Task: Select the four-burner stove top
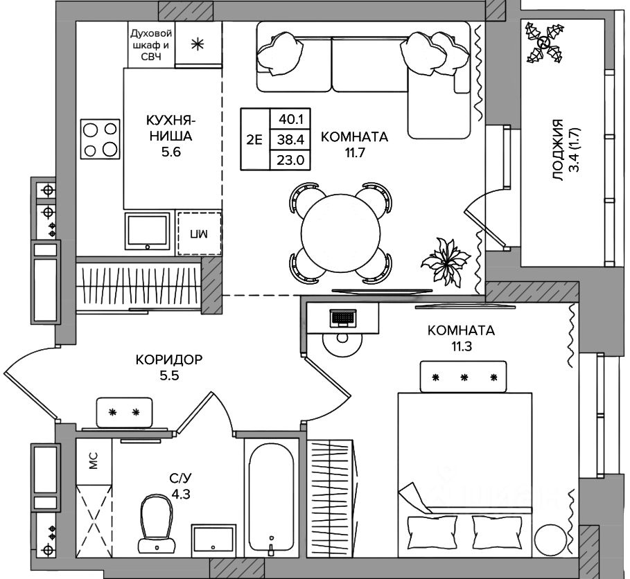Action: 100,139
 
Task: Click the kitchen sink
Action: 147,231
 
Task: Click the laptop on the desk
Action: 343,318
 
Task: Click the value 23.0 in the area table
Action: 290,160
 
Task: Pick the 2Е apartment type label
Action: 254,140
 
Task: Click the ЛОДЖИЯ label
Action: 558,150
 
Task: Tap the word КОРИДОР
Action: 168,359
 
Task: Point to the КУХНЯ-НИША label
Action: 170,128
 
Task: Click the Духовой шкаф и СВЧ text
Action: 152,45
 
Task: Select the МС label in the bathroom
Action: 93,461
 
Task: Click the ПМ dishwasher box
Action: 200,233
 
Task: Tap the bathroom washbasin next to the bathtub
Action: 213,540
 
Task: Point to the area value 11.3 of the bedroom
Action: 462,346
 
